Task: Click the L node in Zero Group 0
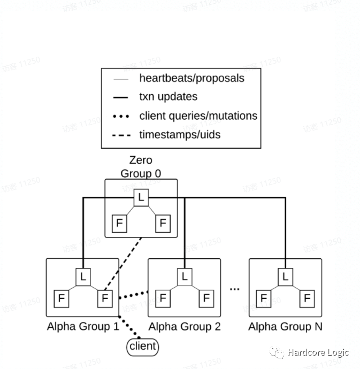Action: (x=141, y=197)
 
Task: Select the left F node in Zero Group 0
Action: (x=119, y=223)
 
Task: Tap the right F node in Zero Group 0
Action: (x=163, y=223)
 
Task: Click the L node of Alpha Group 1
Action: (x=82, y=277)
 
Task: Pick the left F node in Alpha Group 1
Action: (x=61, y=298)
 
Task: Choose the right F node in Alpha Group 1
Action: (x=104, y=298)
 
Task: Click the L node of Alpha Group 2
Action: (x=185, y=277)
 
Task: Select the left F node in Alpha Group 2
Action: (x=163, y=298)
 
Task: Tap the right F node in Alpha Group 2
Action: (x=206, y=298)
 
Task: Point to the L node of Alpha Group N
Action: (x=285, y=277)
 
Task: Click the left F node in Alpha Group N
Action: (x=264, y=298)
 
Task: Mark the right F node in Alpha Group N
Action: (x=307, y=298)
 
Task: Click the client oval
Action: (x=143, y=347)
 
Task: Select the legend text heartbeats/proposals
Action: (x=192, y=78)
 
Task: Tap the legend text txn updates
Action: (x=168, y=97)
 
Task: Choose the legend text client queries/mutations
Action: (x=198, y=116)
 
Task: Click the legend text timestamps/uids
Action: (x=180, y=134)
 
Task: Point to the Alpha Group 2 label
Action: (x=185, y=326)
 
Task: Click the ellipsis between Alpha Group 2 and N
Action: (x=235, y=289)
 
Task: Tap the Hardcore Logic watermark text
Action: (x=318, y=352)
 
